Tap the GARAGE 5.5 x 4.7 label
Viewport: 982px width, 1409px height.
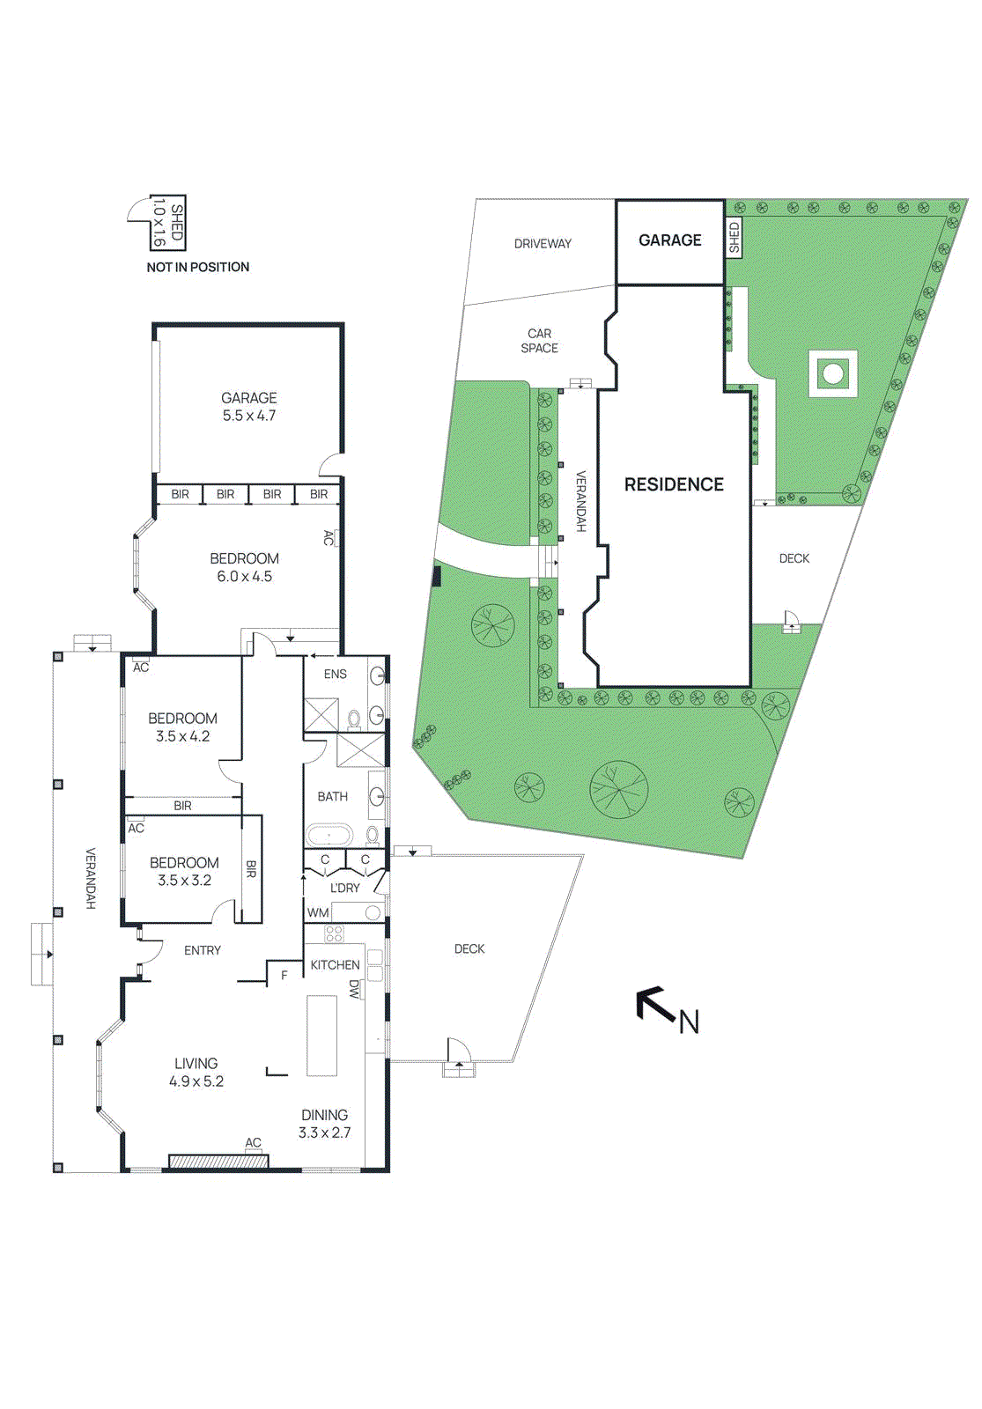(x=249, y=407)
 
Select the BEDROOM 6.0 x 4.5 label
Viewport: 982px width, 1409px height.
(x=245, y=567)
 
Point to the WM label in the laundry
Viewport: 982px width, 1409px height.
(x=318, y=913)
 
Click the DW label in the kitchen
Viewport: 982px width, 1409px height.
(x=354, y=989)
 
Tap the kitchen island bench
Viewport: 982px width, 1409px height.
(x=321, y=1036)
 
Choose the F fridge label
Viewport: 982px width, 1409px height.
(x=284, y=975)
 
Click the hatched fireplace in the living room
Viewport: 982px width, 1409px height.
(x=218, y=1162)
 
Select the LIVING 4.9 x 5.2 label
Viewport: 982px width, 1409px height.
(x=196, y=1073)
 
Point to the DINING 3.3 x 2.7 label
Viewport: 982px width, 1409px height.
(x=325, y=1124)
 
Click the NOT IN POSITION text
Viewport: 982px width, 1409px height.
(x=198, y=267)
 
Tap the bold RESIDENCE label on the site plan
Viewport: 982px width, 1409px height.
(x=674, y=484)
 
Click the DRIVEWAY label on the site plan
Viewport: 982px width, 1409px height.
(x=543, y=244)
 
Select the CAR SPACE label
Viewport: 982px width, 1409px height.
(x=540, y=341)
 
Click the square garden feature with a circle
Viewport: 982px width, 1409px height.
(x=832, y=374)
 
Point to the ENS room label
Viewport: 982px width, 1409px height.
(x=336, y=675)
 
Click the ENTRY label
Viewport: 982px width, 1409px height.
(x=203, y=950)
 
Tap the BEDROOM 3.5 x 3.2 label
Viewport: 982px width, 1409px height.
(x=185, y=871)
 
